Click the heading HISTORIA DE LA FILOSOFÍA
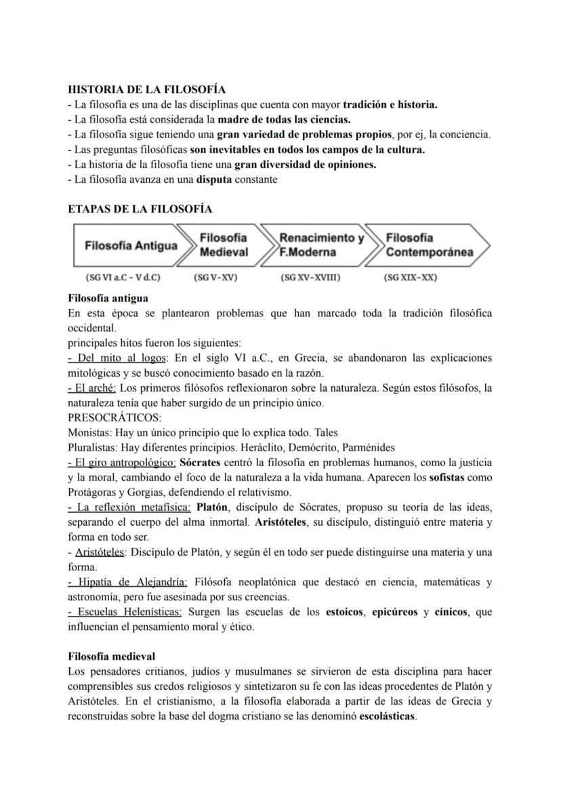coord(146,89)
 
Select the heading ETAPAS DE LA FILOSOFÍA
coord(140,209)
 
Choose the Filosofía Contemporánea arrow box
coord(426,245)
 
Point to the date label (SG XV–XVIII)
coord(310,278)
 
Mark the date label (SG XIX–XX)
coord(410,278)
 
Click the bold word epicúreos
coord(393,612)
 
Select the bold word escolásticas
coord(387,716)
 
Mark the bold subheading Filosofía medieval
coord(112,656)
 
